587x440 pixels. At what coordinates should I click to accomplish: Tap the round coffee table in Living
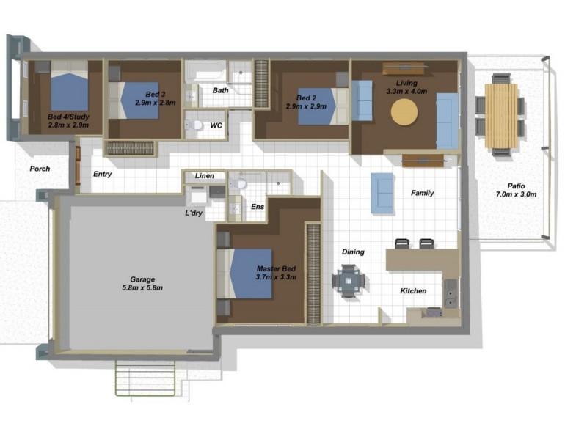click(x=404, y=111)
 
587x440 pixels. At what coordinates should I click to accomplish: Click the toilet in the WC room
click(x=195, y=125)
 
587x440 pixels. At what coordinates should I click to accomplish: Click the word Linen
click(x=205, y=177)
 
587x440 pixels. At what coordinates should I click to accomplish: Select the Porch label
click(x=40, y=169)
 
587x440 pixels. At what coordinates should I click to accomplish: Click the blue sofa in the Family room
click(x=382, y=193)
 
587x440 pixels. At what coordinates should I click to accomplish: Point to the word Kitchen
click(x=413, y=291)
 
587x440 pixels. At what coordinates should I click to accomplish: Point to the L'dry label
click(x=194, y=214)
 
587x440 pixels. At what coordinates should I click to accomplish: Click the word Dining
click(x=353, y=252)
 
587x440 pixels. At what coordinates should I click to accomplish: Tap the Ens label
click(x=257, y=208)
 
